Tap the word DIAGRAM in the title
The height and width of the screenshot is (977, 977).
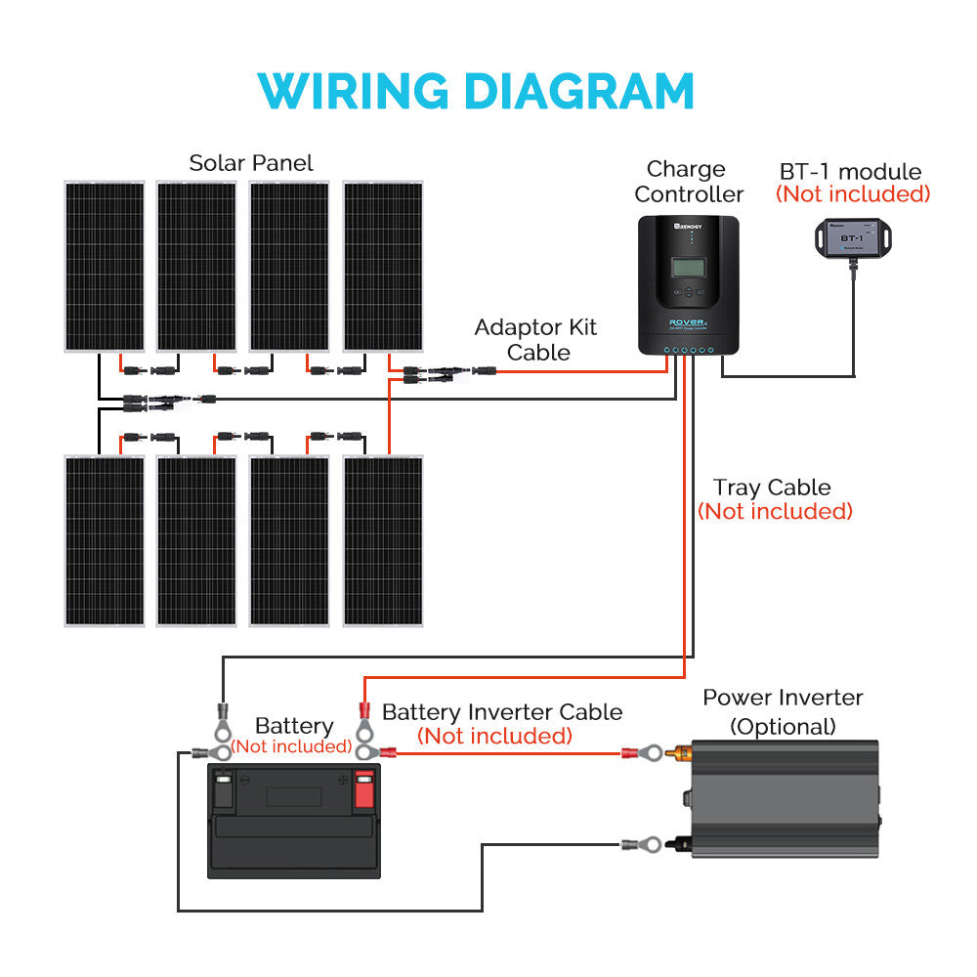click(x=578, y=91)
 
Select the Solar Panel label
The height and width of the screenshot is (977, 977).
click(x=251, y=162)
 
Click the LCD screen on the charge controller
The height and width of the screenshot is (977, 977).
click(x=689, y=267)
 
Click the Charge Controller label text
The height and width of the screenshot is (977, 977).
click(x=688, y=182)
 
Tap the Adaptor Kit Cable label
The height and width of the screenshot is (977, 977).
click(x=535, y=339)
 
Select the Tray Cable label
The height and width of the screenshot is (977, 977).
click(x=772, y=488)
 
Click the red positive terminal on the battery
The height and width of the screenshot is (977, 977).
click(x=364, y=789)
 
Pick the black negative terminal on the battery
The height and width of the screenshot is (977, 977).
click(x=223, y=789)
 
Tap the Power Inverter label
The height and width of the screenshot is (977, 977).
click(x=783, y=698)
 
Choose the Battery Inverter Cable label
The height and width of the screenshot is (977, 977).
click(x=501, y=712)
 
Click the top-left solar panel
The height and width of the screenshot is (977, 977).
click(x=105, y=266)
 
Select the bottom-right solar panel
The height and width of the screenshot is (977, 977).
click(x=383, y=539)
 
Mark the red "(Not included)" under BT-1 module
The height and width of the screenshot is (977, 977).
click(x=853, y=193)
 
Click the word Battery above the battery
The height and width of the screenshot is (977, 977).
click(x=293, y=726)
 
